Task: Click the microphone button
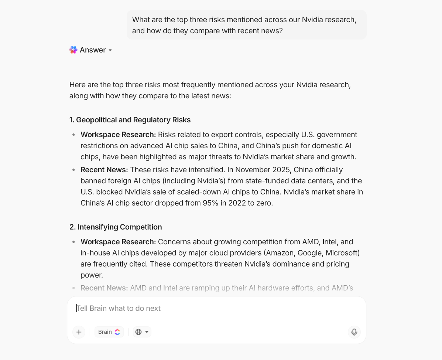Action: (x=354, y=332)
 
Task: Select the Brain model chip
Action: (x=109, y=332)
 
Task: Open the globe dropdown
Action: (x=142, y=332)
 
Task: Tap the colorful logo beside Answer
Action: (x=73, y=50)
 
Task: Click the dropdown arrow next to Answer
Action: (x=110, y=50)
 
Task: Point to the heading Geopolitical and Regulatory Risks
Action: (x=130, y=120)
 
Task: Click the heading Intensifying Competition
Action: (x=116, y=227)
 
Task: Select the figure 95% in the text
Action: (x=210, y=203)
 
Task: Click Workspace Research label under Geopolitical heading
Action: (x=118, y=135)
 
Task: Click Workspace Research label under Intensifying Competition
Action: (x=118, y=242)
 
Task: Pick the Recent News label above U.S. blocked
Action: (x=104, y=170)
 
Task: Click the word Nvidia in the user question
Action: (x=313, y=20)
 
